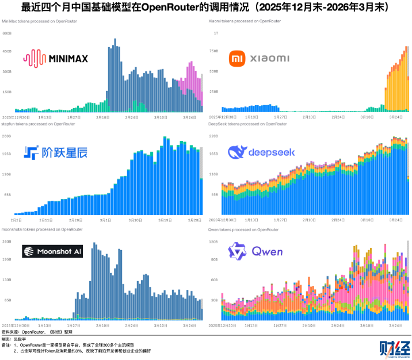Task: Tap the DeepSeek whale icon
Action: coord(238,152)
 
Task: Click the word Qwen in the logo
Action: coord(268,251)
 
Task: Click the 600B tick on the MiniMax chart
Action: coord(7,33)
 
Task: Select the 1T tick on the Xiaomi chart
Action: coord(216,33)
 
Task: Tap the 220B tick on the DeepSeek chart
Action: coord(213,136)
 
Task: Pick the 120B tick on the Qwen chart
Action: coord(213,242)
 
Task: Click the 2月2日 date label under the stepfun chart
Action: coord(16,220)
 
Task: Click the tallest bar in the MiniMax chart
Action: coord(115,75)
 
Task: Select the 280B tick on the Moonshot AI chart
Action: coord(7,242)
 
